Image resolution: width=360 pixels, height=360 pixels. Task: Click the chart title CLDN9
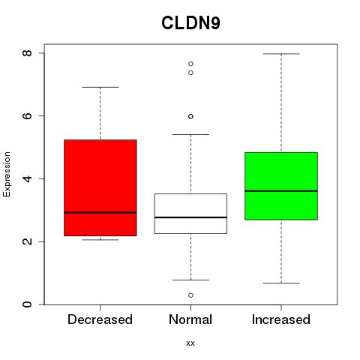click(190, 23)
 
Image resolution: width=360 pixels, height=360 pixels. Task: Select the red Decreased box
click(100, 187)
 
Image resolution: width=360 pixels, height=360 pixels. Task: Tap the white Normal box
click(190, 214)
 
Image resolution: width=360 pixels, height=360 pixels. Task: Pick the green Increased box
click(281, 186)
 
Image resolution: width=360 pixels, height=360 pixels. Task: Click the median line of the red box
click(100, 212)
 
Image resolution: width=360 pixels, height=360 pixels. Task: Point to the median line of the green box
click(281, 191)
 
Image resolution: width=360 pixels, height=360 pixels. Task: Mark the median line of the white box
click(190, 217)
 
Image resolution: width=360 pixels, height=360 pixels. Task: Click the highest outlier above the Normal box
click(190, 64)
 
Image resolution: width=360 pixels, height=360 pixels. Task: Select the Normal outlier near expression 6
click(190, 116)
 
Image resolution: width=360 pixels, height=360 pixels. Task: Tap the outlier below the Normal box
click(190, 295)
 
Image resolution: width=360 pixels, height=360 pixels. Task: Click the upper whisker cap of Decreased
click(100, 87)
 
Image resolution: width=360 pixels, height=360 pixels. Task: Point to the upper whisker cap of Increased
click(281, 54)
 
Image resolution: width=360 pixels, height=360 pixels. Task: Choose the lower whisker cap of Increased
click(281, 283)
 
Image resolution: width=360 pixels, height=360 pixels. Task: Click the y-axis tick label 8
click(28, 53)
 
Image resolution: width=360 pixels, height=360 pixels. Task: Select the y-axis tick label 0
click(28, 304)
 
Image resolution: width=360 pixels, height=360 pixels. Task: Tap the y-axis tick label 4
click(28, 178)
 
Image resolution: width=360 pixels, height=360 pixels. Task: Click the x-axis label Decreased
click(100, 319)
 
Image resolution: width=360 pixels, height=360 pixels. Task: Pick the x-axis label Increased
click(281, 319)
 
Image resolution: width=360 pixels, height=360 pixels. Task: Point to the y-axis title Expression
click(7, 174)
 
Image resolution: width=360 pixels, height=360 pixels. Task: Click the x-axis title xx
click(190, 343)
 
